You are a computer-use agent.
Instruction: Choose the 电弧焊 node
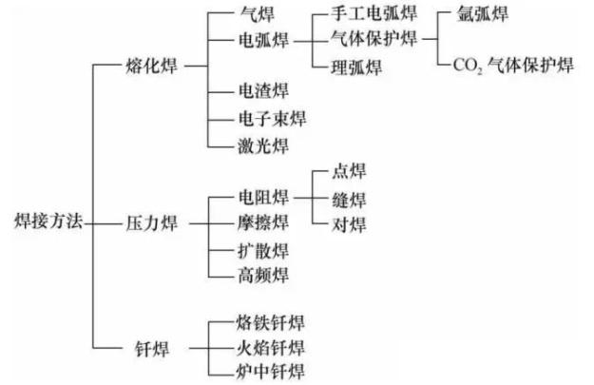[263, 42]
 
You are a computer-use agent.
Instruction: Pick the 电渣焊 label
[262, 93]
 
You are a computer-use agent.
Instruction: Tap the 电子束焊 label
[271, 119]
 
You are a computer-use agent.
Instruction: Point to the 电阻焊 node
[262, 198]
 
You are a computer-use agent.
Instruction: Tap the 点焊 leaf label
[347, 172]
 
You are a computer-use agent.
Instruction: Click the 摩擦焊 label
[262, 223]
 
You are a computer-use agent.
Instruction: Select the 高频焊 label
[262, 276]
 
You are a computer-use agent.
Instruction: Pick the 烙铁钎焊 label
[271, 320]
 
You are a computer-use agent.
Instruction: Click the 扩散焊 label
[262, 250]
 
